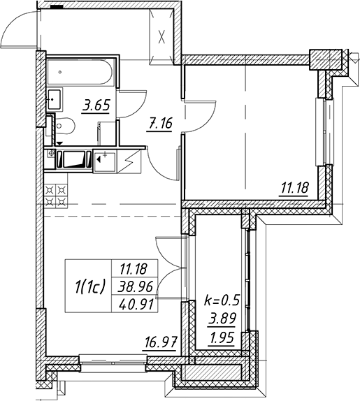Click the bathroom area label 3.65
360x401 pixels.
96,106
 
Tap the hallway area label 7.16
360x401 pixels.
160,124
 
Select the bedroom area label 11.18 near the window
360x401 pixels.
295,188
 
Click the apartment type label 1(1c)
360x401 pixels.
90,286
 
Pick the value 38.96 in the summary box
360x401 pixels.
135,287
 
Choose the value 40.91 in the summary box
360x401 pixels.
136,305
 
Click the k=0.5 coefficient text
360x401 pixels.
222,300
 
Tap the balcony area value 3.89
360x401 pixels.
222,319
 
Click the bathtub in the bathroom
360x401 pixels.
80,72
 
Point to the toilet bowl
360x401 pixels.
65,126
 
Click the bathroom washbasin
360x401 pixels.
55,100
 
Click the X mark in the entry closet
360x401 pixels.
161,36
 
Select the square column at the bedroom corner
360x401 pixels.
326,60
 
